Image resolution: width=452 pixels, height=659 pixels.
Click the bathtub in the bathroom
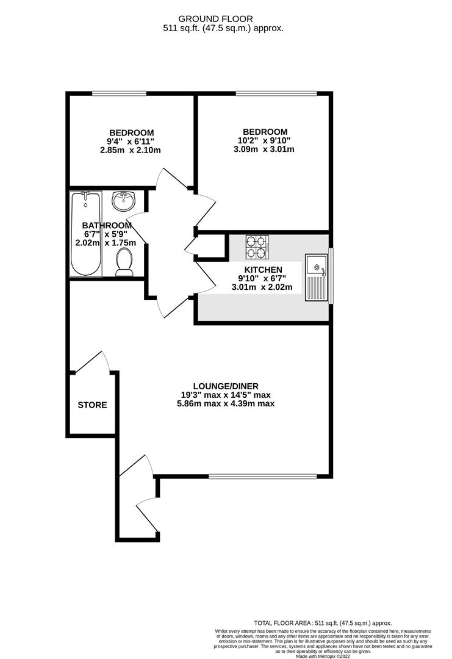(x=85, y=233)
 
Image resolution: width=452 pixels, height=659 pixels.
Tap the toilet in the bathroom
(x=125, y=261)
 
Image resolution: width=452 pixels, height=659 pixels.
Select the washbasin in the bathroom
(x=124, y=199)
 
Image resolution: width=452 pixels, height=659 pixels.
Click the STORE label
(x=92, y=405)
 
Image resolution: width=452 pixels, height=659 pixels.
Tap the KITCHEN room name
(x=264, y=270)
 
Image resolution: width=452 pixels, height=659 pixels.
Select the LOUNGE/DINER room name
(x=226, y=386)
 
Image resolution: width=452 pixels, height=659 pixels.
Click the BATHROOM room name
(x=107, y=225)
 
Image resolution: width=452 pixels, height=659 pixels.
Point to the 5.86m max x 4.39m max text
(x=226, y=404)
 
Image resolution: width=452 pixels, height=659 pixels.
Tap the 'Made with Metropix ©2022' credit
(x=324, y=656)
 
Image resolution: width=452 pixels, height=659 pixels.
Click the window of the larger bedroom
(x=276, y=93)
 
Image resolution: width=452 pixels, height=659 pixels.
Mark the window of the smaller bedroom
(x=119, y=93)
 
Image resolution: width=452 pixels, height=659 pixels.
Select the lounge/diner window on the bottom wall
(x=263, y=476)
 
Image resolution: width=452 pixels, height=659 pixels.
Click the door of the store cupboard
(x=91, y=362)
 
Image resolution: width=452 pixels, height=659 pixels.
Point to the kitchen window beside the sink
(x=331, y=275)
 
